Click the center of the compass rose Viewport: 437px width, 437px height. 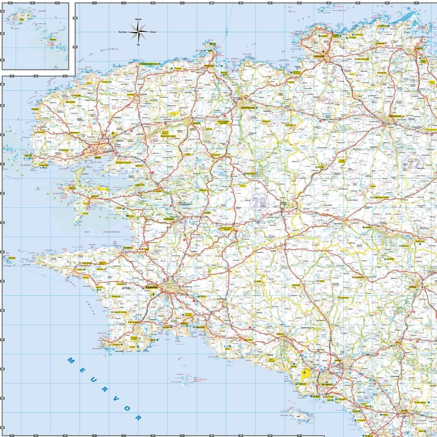click(138, 31)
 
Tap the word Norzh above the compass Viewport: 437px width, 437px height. click(138, 20)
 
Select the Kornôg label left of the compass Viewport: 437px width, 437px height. click(123, 31)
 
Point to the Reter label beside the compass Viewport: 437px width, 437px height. click(153, 31)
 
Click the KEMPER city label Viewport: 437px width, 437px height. click(151, 288)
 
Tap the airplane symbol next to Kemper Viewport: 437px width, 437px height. click(153, 294)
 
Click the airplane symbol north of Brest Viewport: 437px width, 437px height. click(113, 134)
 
